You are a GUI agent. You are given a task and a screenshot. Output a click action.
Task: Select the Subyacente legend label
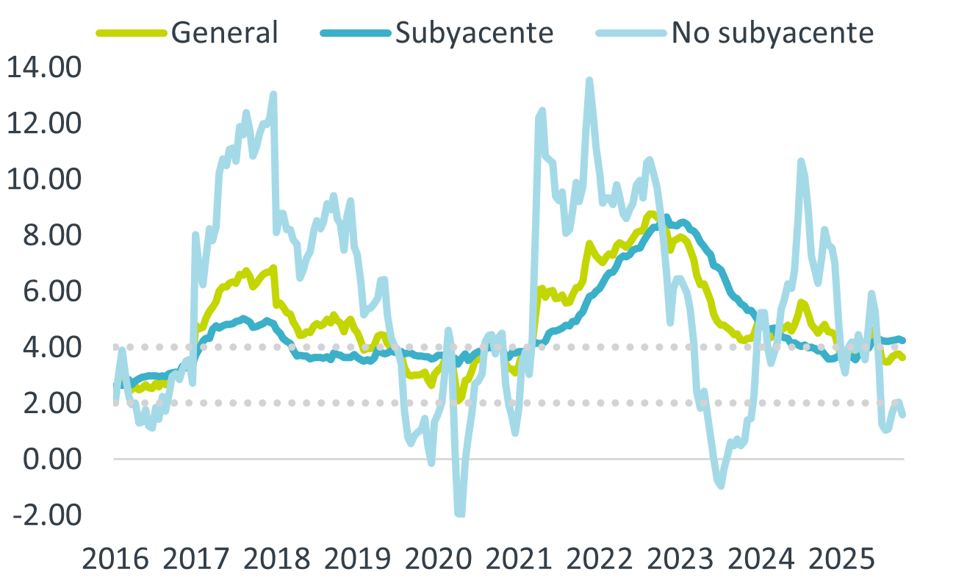(473, 32)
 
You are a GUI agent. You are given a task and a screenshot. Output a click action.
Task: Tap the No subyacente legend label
(772, 32)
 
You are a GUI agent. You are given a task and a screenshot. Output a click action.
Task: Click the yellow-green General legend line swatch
(132, 32)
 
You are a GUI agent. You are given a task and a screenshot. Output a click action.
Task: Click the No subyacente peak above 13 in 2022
(589, 80)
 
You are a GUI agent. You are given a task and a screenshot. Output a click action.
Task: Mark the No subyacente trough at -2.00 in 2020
(460, 514)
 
